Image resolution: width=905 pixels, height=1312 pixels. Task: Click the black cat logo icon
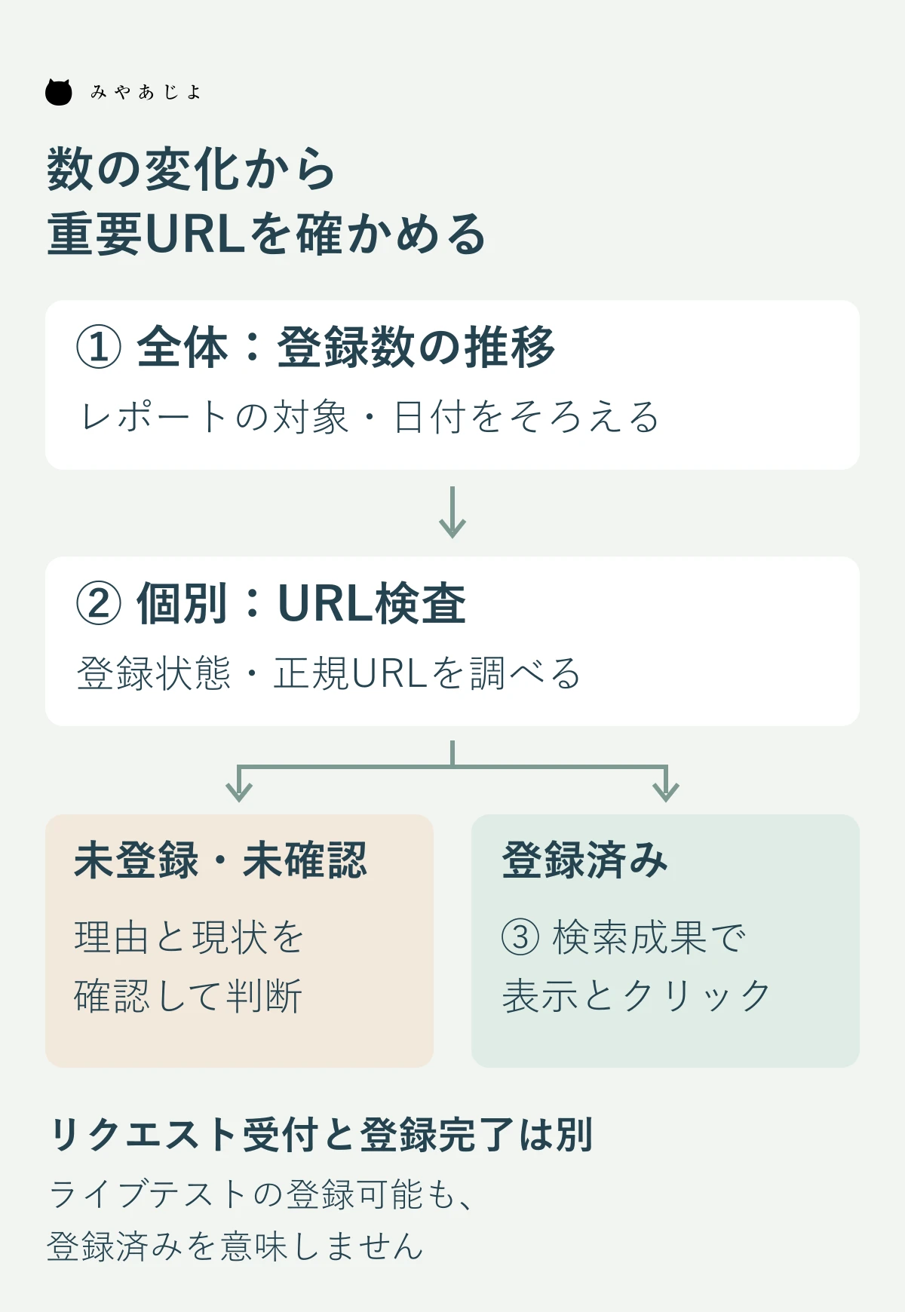click(x=59, y=92)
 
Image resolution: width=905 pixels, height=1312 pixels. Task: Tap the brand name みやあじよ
click(x=146, y=92)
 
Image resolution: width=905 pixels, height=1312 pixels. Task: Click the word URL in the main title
click(x=195, y=234)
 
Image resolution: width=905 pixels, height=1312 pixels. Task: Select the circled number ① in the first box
click(x=99, y=348)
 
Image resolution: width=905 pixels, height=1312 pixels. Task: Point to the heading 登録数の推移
click(x=416, y=348)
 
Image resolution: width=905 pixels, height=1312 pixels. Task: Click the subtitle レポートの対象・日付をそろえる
click(x=370, y=417)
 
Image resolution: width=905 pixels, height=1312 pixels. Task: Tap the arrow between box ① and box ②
click(x=452, y=512)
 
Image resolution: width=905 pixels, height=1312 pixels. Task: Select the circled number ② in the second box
click(x=99, y=604)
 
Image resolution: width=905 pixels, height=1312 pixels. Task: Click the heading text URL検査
click(x=373, y=604)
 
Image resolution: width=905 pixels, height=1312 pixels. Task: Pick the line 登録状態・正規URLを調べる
click(x=329, y=673)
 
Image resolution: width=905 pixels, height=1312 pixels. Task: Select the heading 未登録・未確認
click(x=221, y=860)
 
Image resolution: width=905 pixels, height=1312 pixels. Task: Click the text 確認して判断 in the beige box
click(x=189, y=996)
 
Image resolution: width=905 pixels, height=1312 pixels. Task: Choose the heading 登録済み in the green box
click(x=585, y=860)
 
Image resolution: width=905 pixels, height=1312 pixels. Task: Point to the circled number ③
click(x=520, y=937)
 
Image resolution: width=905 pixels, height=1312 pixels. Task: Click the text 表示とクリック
click(x=637, y=996)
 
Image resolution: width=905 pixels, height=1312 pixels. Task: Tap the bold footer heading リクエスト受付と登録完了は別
click(x=321, y=1135)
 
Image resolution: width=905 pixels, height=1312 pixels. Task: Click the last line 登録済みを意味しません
click(x=235, y=1246)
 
